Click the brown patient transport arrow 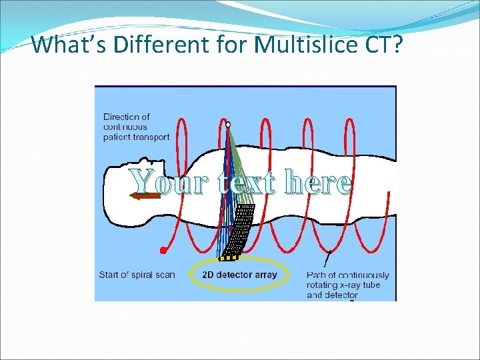146,196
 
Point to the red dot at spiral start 163,251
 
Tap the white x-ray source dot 228,125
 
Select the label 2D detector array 239,275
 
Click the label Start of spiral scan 137,275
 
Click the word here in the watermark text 317,181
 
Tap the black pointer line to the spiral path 329,259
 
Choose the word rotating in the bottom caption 323,285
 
